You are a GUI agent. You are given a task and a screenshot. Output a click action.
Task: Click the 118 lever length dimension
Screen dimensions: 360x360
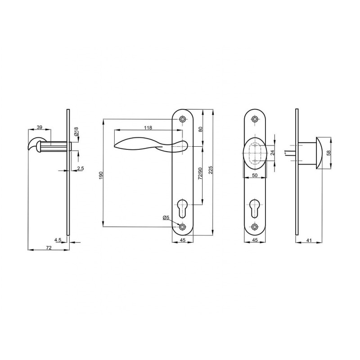coord(148,128)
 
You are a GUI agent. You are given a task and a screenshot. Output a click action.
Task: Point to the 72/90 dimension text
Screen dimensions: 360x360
coord(200,174)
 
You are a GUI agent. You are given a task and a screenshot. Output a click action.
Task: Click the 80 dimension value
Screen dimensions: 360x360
coord(200,129)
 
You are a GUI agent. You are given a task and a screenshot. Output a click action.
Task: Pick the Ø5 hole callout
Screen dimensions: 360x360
coord(166,217)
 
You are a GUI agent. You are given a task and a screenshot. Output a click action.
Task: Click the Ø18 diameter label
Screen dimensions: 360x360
coord(76,131)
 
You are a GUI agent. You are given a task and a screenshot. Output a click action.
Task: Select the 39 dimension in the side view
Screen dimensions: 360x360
coord(40,127)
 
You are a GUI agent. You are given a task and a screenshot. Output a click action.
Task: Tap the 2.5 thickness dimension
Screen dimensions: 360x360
coord(81,168)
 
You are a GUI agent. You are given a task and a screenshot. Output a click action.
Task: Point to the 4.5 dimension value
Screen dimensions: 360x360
coord(58,240)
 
